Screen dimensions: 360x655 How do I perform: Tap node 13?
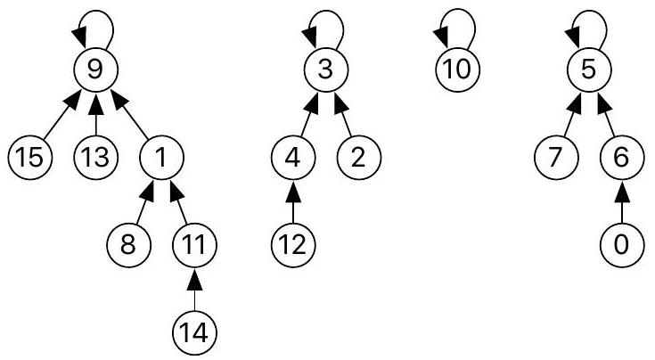95,157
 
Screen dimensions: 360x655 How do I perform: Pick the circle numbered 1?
161,157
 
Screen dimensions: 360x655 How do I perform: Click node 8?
129,243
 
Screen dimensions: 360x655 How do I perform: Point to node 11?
194,243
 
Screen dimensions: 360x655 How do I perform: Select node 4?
293,157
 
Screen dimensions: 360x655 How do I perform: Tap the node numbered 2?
358,157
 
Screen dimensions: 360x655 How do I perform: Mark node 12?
293,243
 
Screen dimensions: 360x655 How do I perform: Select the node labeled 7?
555,157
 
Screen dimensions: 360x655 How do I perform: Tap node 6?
621,157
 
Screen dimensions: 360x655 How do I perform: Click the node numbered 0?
621,243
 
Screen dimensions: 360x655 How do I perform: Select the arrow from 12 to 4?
293,200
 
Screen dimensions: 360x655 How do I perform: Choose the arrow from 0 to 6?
621,200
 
